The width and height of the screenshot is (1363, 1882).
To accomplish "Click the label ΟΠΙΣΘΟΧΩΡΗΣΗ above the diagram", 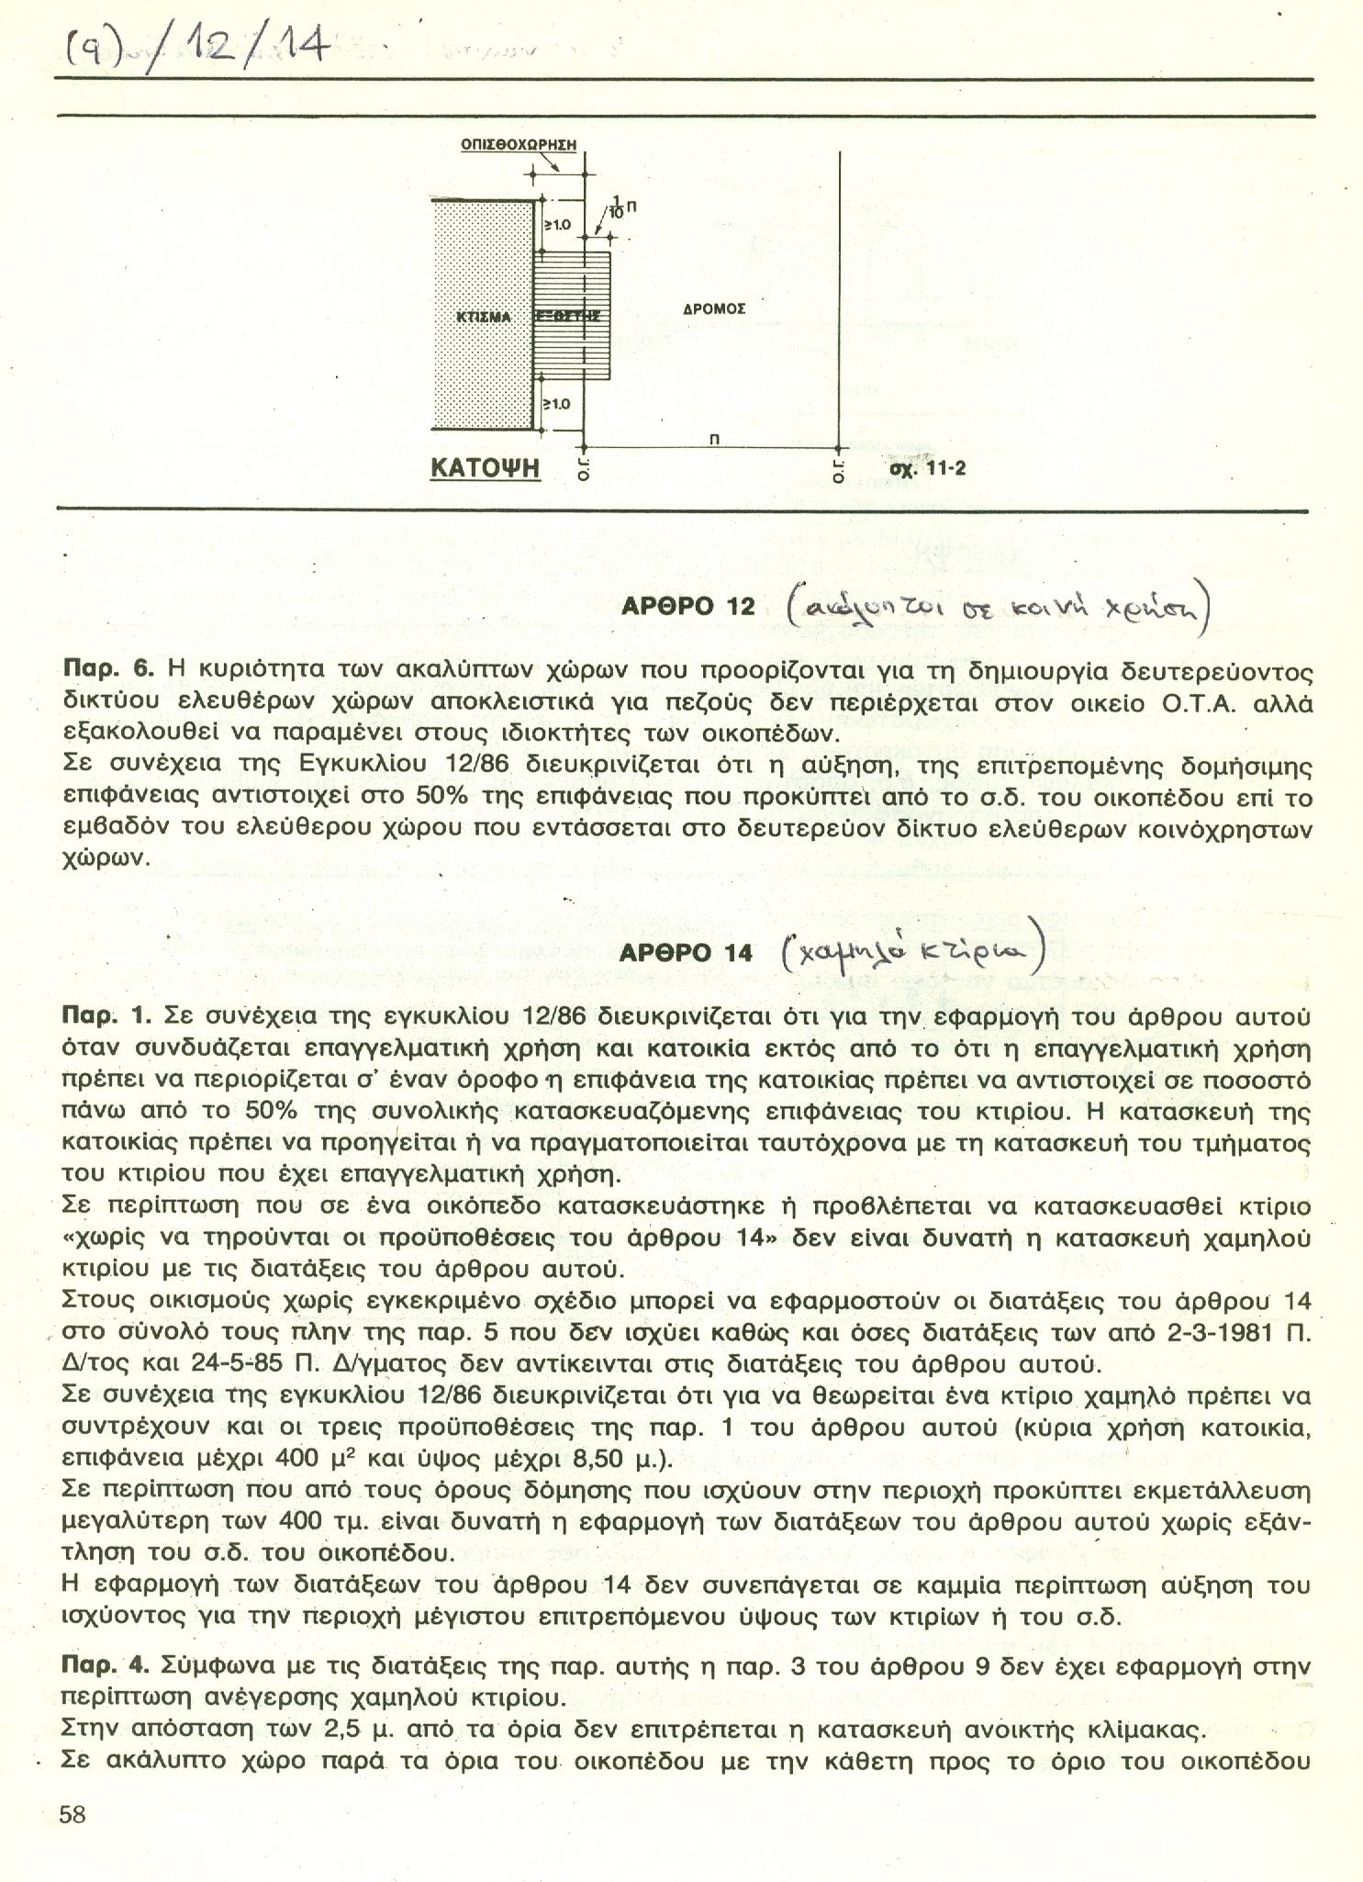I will [x=518, y=144].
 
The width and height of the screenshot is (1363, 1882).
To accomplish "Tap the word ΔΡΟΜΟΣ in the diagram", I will [x=714, y=308].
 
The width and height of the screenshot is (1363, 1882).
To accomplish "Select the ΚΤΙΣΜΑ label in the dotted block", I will [x=483, y=317].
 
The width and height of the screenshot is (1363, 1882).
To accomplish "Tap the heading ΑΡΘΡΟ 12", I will [x=687, y=607].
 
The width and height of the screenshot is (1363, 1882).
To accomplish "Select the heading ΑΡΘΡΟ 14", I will [x=686, y=953].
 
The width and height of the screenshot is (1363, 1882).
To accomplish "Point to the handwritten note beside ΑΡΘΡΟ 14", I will [x=912, y=949].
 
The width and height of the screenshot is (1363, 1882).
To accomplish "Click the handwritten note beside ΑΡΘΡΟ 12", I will [x=998, y=607].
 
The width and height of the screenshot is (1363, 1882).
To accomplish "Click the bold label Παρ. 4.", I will [x=106, y=1665].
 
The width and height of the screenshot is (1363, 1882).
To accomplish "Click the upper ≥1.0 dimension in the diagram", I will [x=557, y=224].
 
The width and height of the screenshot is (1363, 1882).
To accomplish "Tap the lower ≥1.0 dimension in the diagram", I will [x=557, y=403].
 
